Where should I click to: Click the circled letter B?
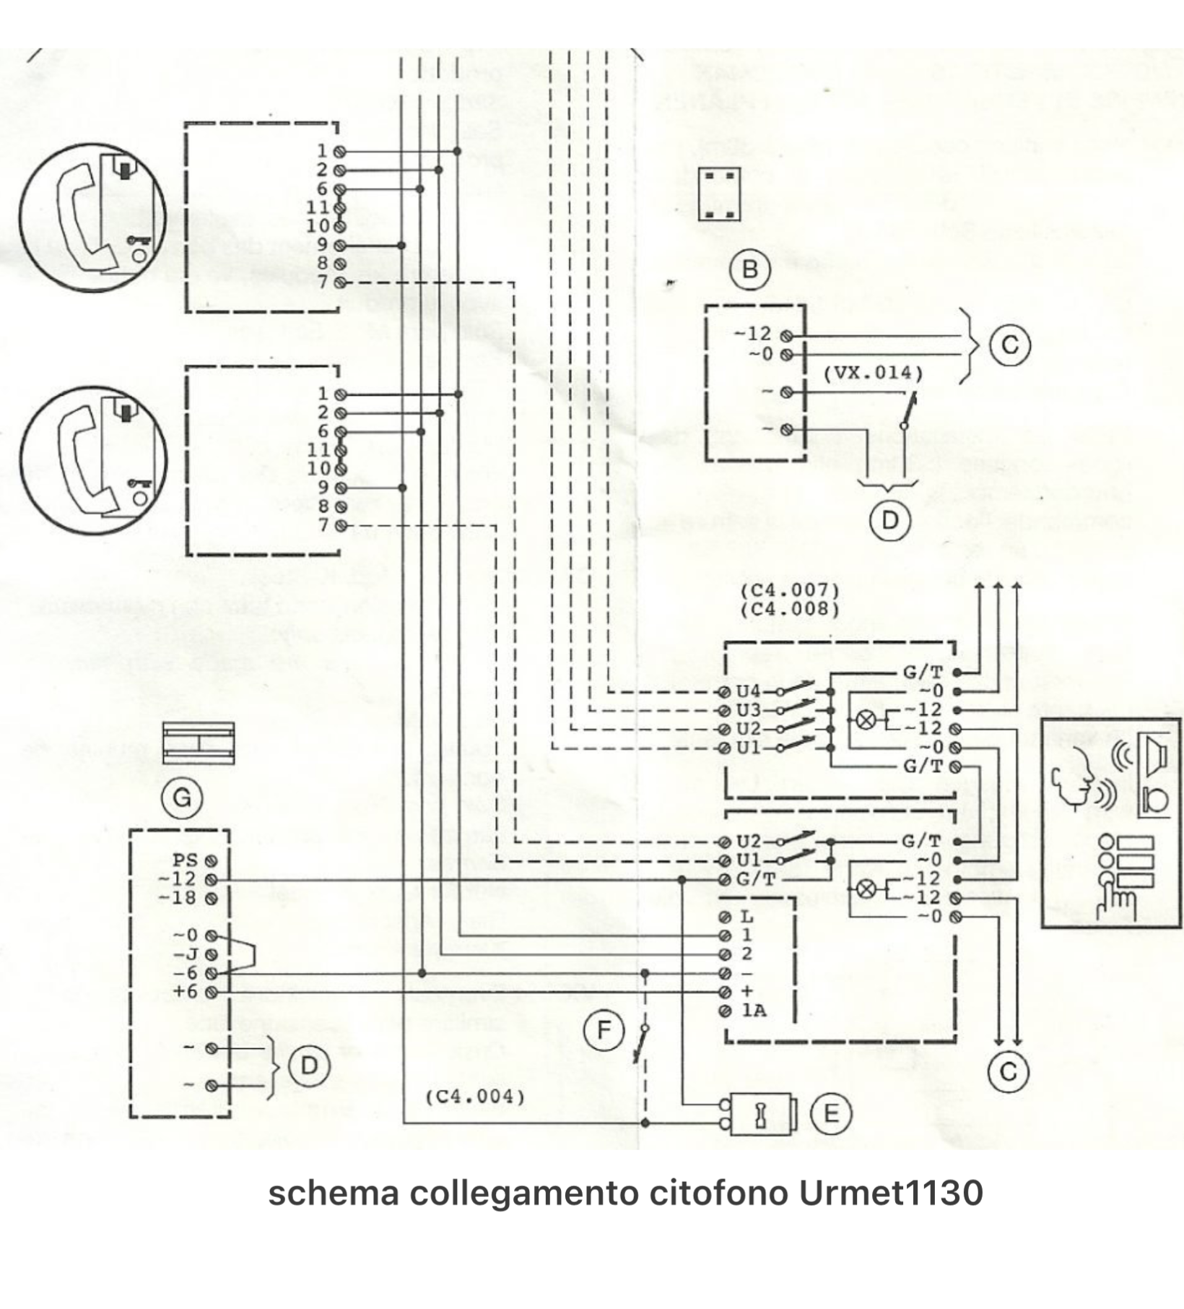750,269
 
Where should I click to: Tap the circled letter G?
182,798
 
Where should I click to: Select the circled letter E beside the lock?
831,1113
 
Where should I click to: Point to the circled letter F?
604,1030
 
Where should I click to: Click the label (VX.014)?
873,373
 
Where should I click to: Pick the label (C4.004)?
474,1097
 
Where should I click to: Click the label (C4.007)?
790,590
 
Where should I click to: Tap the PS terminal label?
185,860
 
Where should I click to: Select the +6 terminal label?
185,992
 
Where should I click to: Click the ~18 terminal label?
178,898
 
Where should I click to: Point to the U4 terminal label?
748,692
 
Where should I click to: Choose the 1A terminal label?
754,1011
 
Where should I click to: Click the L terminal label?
747,917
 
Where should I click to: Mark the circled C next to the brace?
1009,345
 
